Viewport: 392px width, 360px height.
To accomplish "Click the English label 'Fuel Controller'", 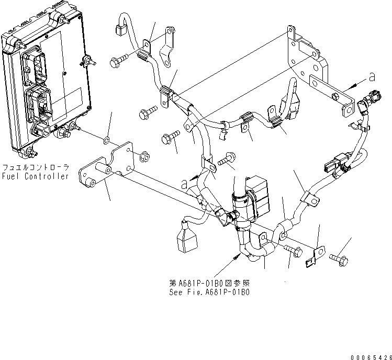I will pyautogui.click(x=35, y=176).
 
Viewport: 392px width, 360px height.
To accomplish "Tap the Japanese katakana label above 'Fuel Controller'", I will pyautogui.click(x=35, y=167).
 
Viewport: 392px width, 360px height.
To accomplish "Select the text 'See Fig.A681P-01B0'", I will pyautogui.click(x=209, y=292).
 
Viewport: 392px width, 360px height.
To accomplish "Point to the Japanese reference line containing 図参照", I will pyautogui.click(x=209, y=283).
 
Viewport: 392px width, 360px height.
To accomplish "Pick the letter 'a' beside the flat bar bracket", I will pyautogui.click(x=372, y=77).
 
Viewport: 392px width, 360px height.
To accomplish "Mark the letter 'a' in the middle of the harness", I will pyautogui.click(x=184, y=183).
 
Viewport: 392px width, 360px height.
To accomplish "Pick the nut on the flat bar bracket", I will pyautogui.click(x=335, y=95).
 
